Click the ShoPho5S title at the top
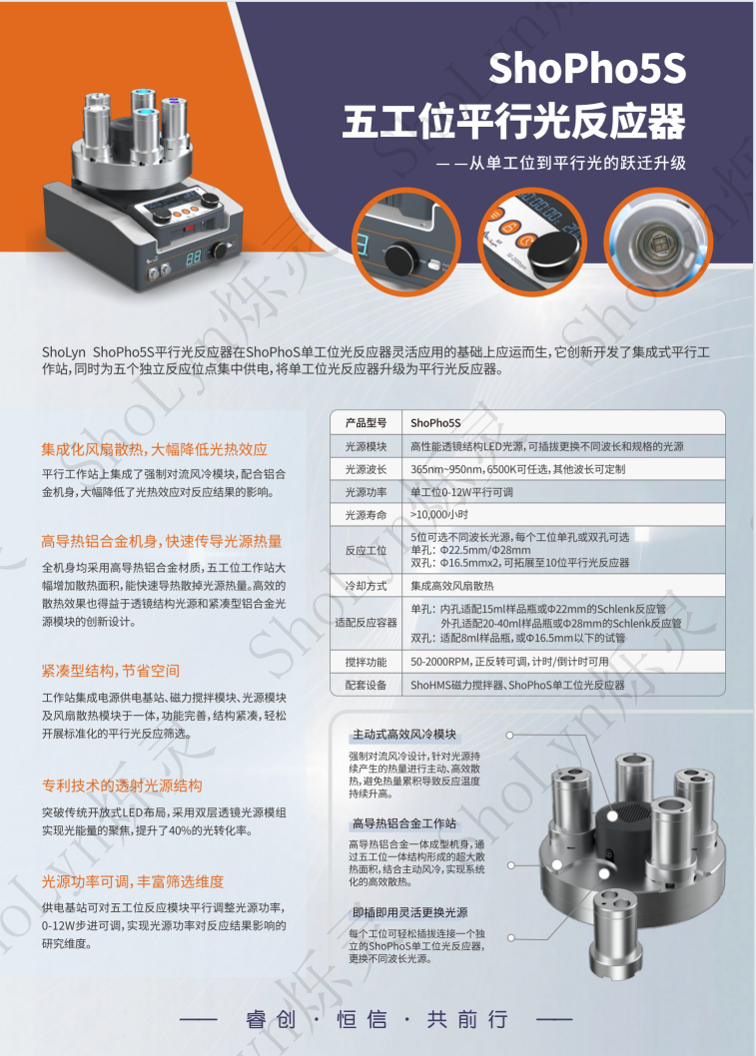pyautogui.click(x=587, y=70)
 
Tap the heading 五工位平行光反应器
pyautogui.click(x=513, y=121)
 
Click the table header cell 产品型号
pyautogui.click(x=365, y=422)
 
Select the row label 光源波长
pyautogui.click(x=365, y=469)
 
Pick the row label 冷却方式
pyautogui.click(x=365, y=586)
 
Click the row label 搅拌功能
pyautogui.click(x=365, y=662)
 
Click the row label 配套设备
pyautogui.click(x=365, y=686)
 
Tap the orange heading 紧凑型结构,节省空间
pyautogui.click(x=111, y=670)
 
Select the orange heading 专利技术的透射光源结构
pyautogui.click(x=122, y=785)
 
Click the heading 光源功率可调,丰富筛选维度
pyautogui.click(x=133, y=881)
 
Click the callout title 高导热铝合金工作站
pyautogui.click(x=403, y=823)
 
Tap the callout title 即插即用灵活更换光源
pyautogui.click(x=409, y=912)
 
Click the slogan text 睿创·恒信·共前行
pyautogui.click(x=377, y=1019)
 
